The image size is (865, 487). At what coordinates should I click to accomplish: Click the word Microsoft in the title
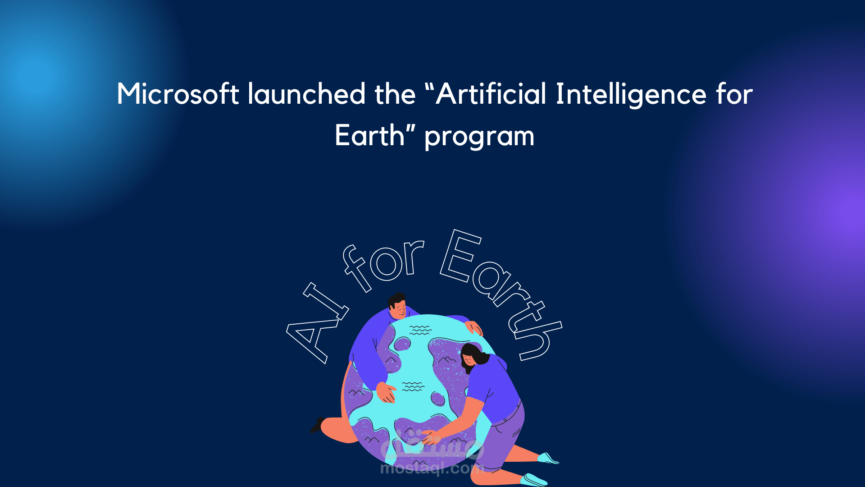point(178,94)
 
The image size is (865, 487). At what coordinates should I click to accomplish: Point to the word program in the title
point(479,137)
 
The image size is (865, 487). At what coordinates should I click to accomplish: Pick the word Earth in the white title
point(370,135)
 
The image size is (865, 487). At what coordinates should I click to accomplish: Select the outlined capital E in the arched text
point(460,256)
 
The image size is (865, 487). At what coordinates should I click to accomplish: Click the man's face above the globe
point(398,309)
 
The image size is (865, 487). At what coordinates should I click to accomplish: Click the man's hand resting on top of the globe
point(474,328)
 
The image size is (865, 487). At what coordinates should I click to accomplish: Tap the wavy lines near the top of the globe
point(420,330)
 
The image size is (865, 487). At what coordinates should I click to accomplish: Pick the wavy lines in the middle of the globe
point(413,386)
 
